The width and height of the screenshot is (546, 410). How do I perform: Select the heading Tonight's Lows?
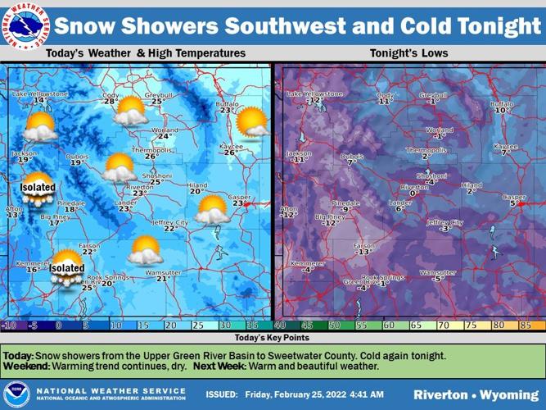point(408,53)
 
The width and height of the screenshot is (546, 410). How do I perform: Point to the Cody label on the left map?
point(111,94)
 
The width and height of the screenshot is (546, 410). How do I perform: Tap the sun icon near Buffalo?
point(250,122)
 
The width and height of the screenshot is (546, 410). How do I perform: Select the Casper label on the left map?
point(239,197)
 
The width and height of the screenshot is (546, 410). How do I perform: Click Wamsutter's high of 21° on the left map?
point(163,279)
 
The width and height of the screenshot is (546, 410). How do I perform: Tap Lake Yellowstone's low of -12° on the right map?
point(313,101)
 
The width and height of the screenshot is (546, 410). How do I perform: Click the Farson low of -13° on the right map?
point(365,252)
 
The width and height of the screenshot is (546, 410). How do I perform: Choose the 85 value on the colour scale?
point(526,325)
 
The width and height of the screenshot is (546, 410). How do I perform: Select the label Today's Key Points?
point(273,337)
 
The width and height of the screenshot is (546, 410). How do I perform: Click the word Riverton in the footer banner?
point(442,394)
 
